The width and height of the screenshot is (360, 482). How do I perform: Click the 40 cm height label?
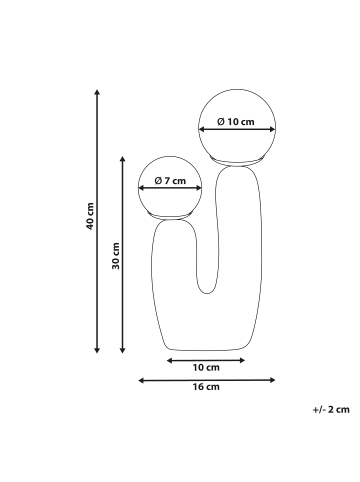tap(89, 222)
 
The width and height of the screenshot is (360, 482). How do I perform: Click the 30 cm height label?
tap(115, 257)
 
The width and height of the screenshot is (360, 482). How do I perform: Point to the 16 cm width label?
tap(205, 388)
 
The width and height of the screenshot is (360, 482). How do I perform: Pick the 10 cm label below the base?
tap(206, 367)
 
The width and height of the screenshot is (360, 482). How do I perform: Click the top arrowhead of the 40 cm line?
tap(96, 91)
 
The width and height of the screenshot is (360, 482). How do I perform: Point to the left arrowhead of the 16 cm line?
tap(140, 379)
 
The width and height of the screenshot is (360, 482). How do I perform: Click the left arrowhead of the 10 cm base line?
tap(169, 358)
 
